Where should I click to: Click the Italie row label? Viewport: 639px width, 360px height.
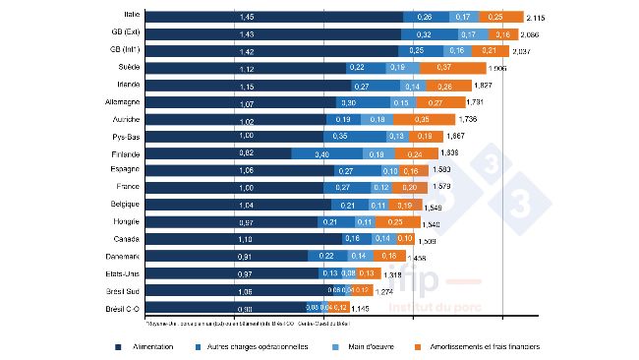coord(126,16)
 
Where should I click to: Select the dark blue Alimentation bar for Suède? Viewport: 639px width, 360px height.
coord(246,67)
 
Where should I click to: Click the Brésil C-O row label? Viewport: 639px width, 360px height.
coord(123,308)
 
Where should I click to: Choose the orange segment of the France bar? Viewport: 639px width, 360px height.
coord(410,188)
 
